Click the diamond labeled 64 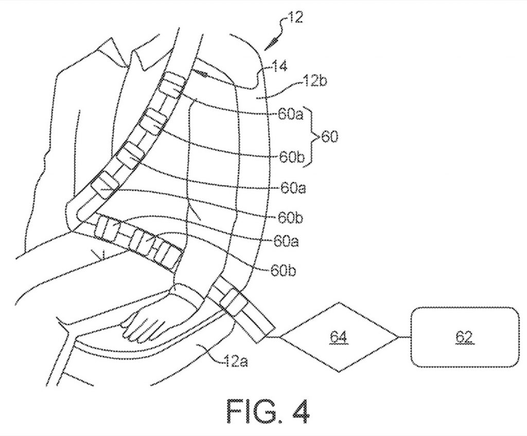coord(339,337)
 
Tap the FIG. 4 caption coord(268,411)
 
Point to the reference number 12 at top coord(295,18)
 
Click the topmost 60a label coord(290,115)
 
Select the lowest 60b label coord(283,271)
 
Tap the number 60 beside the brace coord(330,137)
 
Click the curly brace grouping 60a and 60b coord(311,137)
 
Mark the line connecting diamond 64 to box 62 coord(405,337)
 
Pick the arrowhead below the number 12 coord(273,43)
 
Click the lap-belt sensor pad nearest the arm coord(167,254)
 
